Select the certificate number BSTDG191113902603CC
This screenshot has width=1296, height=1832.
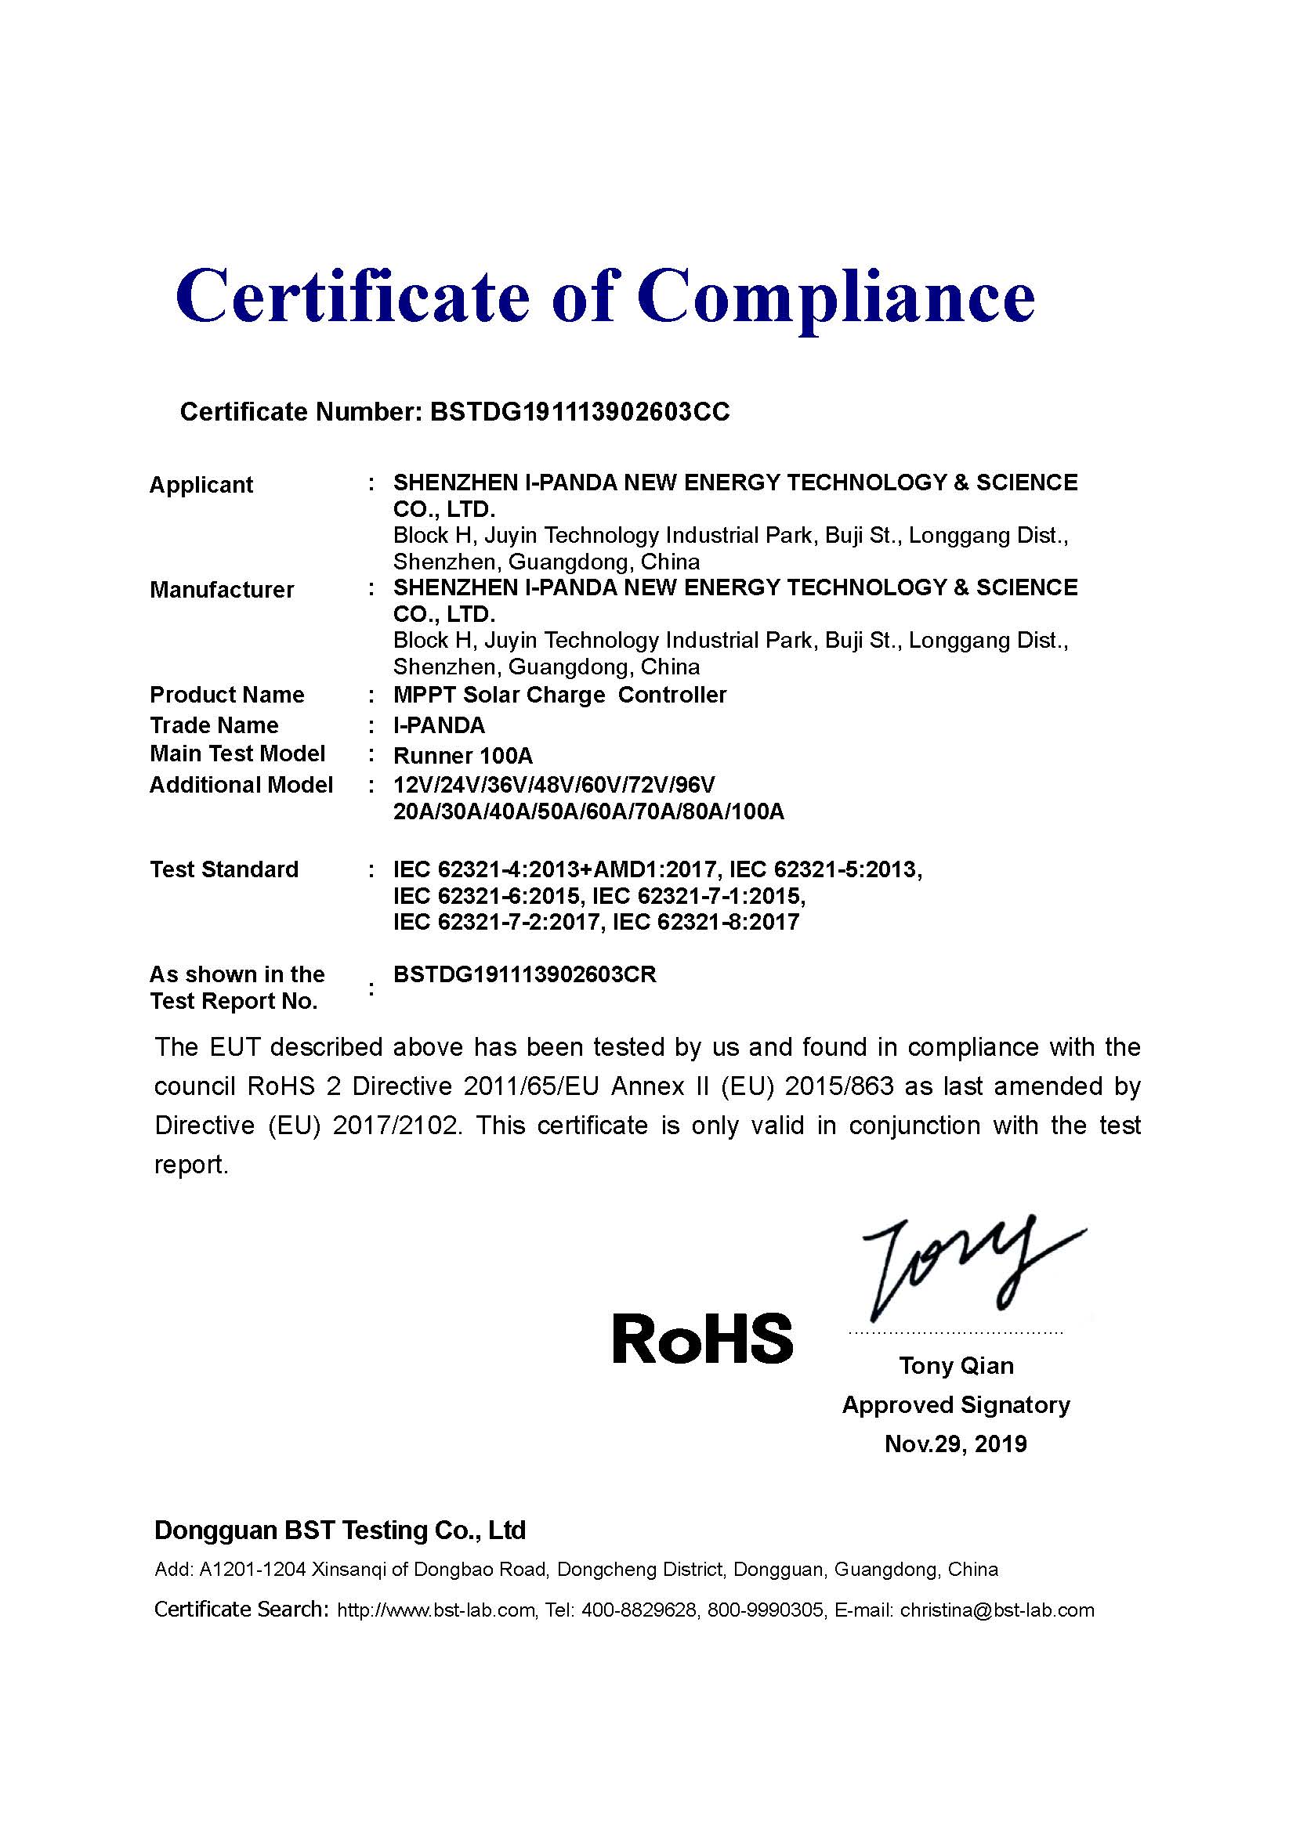[579, 412]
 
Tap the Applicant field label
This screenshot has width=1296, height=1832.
[201, 484]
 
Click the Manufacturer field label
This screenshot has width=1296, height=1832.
[222, 590]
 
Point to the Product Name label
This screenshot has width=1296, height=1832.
[226, 694]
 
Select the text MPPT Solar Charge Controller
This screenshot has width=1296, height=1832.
[559, 694]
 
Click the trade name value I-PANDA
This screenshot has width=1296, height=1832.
[439, 725]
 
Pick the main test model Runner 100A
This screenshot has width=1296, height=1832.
[463, 755]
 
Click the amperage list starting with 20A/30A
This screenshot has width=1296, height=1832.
[588, 811]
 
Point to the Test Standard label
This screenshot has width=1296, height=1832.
[223, 869]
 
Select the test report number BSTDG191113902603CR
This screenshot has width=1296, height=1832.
[524, 974]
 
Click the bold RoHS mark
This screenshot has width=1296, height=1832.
[702, 1339]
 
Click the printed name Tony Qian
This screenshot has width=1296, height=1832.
[956, 1365]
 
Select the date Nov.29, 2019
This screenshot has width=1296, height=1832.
[955, 1444]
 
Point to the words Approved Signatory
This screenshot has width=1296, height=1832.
[955, 1404]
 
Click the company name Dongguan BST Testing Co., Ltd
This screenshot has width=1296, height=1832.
[339, 1530]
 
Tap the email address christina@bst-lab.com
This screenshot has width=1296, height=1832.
[997, 1610]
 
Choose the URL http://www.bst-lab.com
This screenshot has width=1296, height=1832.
[436, 1610]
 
